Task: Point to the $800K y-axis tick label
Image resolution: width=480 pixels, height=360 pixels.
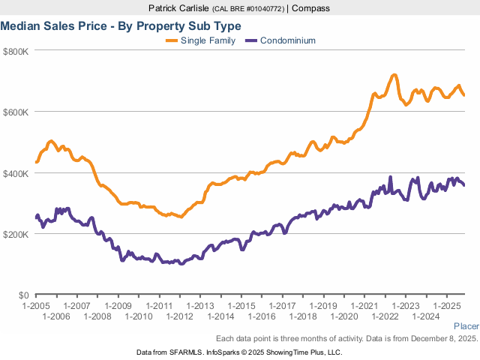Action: click(x=15, y=51)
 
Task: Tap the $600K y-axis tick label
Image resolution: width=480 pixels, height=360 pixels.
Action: click(x=15, y=112)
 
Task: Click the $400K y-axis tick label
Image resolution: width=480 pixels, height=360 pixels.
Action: click(x=15, y=173)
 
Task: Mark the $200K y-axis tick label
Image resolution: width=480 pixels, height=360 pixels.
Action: click(x=15, y=234)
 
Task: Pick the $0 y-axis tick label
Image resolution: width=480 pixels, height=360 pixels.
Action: click(x=22, y=295)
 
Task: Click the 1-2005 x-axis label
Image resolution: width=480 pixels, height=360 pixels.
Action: click(x=36, y=306)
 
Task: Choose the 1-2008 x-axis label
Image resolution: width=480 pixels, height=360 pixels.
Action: click(x=97, y=316)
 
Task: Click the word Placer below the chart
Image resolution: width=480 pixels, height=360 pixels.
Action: click(x=466, y=326)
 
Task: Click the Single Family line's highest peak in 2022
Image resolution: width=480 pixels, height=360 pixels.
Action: click(x=393, y=75)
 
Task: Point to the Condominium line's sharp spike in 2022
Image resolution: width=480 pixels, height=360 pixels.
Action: click(x=390, y=178)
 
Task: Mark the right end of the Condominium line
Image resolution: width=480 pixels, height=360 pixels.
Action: click(x=463, y=185)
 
